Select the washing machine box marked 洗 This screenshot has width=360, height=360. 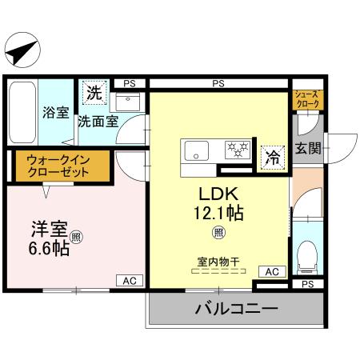pyautogui.click(x=94, y=92)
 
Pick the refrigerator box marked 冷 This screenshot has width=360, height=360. pyautogui.click(x=272, y=157)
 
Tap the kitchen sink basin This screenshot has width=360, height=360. pyautogui.click(x=196, y=149)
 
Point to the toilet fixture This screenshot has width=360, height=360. pyautogui.click(x=306, y=255)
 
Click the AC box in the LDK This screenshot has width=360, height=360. pyautogui.click(x=272, y=272)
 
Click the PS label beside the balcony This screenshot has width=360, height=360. pyautogui.click(x=308, y=284)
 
